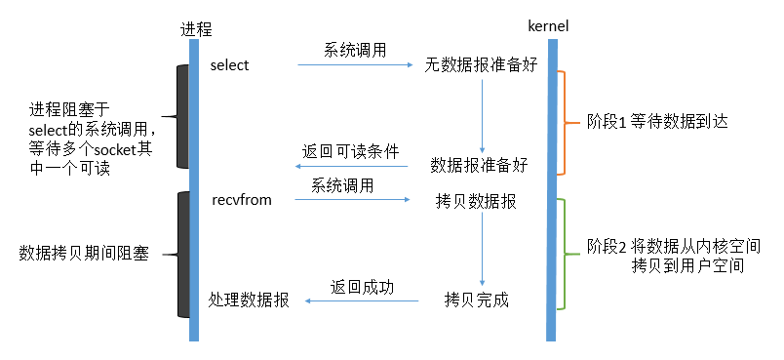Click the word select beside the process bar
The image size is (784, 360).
point(230,65)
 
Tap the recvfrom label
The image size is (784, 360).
point(241,200)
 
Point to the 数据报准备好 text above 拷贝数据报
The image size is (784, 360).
point(479,165)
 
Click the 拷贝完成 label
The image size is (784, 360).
point(476,300)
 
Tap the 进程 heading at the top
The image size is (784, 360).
point(195,28)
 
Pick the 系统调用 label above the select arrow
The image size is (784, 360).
point(357,48)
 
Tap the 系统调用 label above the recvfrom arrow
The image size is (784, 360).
point(342,184)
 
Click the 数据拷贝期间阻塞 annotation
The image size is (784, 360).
point(85,254)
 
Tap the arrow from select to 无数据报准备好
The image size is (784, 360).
point(356,65)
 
